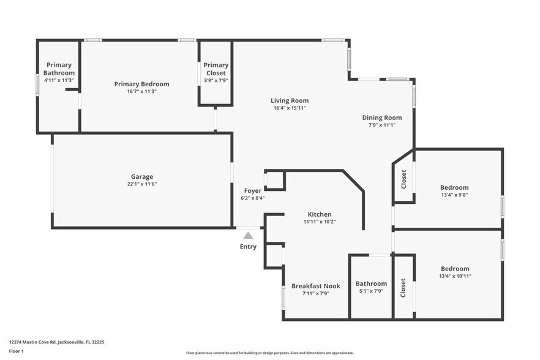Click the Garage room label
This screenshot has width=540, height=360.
(141, 176)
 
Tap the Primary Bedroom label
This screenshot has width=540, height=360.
(141, 84)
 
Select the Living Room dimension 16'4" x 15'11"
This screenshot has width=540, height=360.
(290, 108)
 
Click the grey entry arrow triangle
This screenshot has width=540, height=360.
(248, 235)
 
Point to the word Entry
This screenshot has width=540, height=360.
(248, 247)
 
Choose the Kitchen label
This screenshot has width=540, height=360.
(319, 214)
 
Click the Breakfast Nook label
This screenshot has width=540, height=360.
(315, 286)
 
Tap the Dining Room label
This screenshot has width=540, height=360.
(381, 118)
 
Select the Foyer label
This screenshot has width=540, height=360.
(253, 190)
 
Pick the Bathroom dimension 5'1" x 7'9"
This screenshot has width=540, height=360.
(371, 291)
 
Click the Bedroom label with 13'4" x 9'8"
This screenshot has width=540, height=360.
(454, 187)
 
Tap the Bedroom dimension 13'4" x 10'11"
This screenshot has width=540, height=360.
(454, 276)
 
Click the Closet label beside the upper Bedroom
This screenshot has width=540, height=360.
(403, 179)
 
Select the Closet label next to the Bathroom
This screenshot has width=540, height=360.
(403, 288)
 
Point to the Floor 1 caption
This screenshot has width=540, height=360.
(17, 351)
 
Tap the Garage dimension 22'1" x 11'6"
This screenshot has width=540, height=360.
(141, 184)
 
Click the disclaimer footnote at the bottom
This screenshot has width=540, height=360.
(269, 353)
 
